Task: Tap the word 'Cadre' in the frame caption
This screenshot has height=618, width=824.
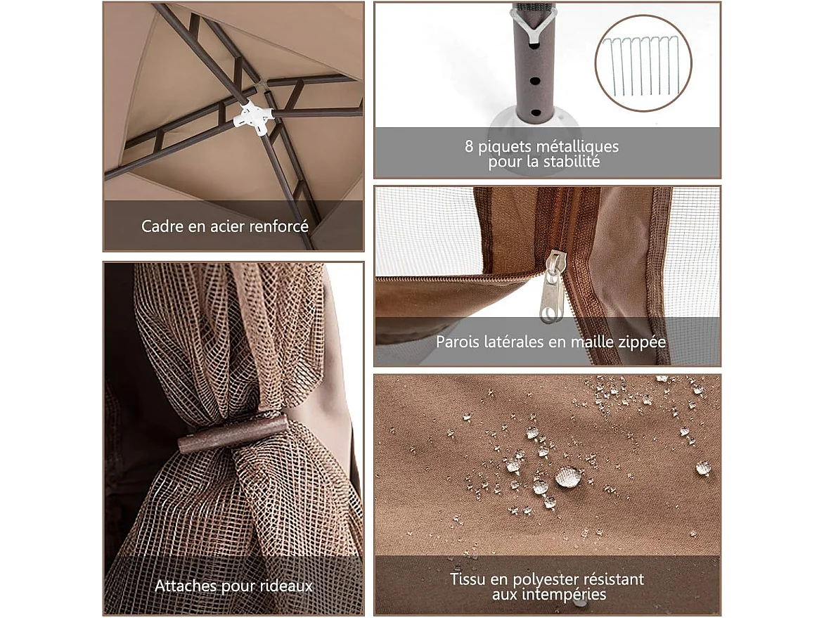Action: coord(159,226)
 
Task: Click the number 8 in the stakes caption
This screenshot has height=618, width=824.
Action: coord(469,147)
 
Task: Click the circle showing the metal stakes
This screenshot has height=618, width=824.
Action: coord(643,65)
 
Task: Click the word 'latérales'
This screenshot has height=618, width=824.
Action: coord(512,342)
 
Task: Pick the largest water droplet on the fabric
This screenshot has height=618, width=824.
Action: coord(568,477)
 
